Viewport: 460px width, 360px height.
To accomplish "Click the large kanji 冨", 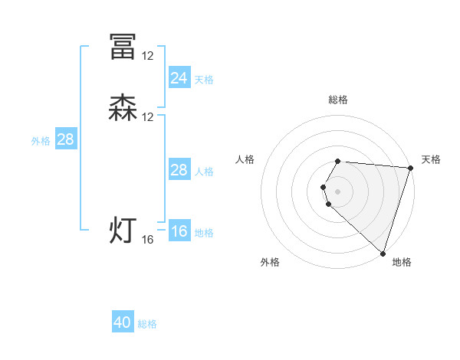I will point(123,47).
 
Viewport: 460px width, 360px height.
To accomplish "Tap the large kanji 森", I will point(123,108).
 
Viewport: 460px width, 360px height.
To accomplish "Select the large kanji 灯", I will point(123,231).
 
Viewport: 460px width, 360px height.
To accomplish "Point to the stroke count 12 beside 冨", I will point(148,56).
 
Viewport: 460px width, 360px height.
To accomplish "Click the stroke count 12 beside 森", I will point(148,117).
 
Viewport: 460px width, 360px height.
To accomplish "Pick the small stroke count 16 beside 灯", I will point(148,240).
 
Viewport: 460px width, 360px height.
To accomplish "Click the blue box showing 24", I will point(179,77).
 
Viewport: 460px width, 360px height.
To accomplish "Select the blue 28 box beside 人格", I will point(179,170).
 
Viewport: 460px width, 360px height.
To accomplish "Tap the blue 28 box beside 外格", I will point(65,139).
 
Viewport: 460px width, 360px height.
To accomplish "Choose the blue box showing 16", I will point(179,231).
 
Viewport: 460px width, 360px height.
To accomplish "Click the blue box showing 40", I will point(123,322).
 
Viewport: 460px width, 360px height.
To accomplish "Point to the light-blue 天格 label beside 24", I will point(204,80).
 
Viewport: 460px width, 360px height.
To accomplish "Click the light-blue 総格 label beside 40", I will point(147,325).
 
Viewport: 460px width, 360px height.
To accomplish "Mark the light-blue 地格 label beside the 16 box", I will point(204,233).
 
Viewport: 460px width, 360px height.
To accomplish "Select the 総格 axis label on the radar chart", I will point(338,100).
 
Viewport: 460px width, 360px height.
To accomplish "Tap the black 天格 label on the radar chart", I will point(431,159).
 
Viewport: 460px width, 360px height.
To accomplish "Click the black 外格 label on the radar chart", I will point(270,263).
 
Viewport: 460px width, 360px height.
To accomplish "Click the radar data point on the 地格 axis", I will point(383,254).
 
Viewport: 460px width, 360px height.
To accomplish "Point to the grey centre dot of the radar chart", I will point(338,191).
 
